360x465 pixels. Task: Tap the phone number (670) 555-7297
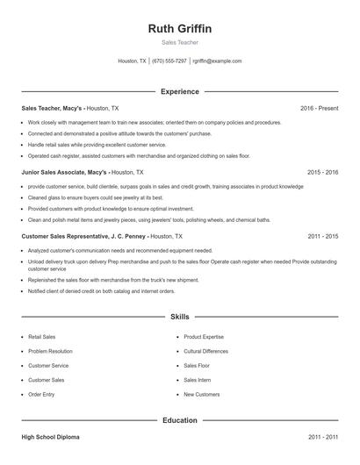point(169,61)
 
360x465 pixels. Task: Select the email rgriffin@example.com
point(217,61)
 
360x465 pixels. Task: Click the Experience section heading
point(180,91)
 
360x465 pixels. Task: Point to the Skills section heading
point(180,316)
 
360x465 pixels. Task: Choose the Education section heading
point(180,420)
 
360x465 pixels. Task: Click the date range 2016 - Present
point(319,108)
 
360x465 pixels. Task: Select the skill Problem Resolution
point(50,351)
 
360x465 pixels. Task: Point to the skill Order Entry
point(41,395)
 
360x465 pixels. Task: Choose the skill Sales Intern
point(197,380)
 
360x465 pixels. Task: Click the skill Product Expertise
point(203,336)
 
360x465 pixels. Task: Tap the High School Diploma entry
point(51,436)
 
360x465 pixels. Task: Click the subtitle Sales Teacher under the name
point(180,42)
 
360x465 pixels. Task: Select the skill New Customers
point(201,395)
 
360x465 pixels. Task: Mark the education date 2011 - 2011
point(323,436)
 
